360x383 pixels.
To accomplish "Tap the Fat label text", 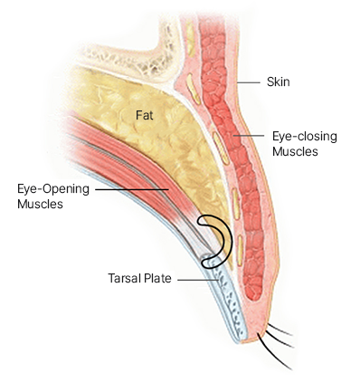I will [146, 115].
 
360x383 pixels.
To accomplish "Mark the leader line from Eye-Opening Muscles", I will [131, 189].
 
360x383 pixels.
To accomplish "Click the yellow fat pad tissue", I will [172, 154].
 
